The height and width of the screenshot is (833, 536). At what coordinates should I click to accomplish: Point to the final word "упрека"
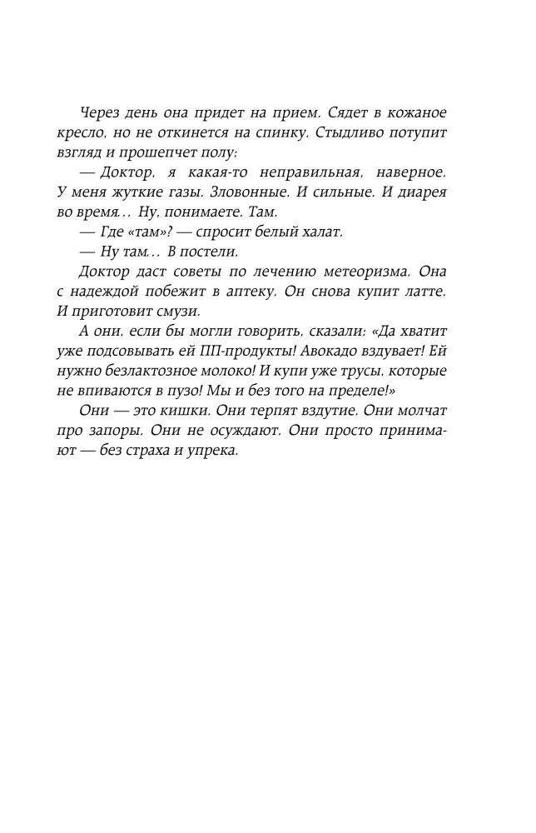point(212,451)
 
